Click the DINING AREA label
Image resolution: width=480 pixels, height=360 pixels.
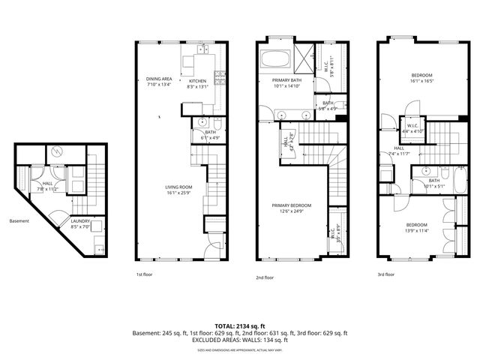[158, 79]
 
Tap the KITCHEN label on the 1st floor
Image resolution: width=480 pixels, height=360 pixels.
[197, 81]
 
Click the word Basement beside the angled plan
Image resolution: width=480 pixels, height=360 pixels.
[19, 221]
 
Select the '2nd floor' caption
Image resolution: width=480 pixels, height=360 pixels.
[265, 277]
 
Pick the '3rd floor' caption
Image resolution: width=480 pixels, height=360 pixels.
[385, 274]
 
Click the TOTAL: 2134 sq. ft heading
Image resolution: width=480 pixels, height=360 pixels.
[239, 325]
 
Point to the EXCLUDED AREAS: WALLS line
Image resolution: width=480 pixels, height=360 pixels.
[240, 340]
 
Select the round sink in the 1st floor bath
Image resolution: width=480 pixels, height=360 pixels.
[202, 122]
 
